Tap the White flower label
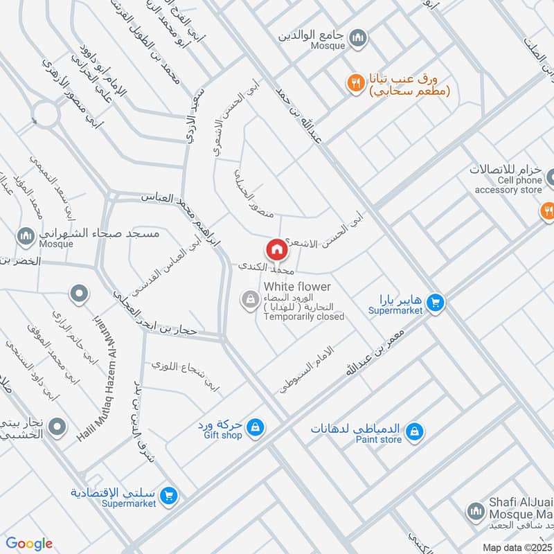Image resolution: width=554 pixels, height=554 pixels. coord(297,287)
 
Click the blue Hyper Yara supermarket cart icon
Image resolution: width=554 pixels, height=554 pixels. coord(435,303)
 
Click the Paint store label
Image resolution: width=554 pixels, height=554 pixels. coord(379,439)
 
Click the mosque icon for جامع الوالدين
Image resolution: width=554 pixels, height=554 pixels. coord(358,37)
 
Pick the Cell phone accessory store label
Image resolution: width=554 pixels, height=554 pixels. coord(508,185)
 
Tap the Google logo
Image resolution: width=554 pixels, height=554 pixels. coord(29,544)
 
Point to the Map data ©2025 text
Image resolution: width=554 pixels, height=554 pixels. coord(516,547)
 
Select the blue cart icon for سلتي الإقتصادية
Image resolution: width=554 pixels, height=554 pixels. coord(168,496)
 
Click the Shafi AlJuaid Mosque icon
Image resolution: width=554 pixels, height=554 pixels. coord(474,512)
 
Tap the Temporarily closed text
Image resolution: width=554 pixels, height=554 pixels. coord(304,317)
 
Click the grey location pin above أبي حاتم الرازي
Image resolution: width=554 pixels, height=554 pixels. coord(79,294)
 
